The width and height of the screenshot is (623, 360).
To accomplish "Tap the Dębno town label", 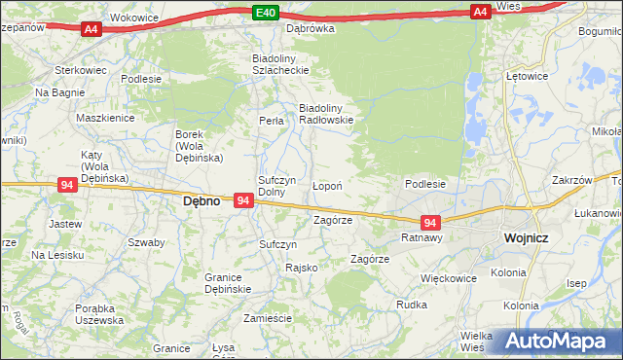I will click(202, 200).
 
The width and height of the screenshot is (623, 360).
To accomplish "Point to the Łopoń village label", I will click(325, 184).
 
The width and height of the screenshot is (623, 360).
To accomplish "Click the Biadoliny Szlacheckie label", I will click(280, 63).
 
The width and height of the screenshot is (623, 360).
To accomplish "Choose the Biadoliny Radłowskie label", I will click(325, 113).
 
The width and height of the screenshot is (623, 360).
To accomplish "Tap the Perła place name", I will click(271, 121).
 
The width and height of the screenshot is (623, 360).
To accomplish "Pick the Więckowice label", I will click(448, 277).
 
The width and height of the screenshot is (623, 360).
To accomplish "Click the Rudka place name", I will click(412, 304).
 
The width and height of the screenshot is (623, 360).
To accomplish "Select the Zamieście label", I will click(268, 318).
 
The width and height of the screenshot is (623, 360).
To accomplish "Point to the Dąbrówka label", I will click(310, 28).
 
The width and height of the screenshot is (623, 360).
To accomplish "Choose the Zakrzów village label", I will click(571, 180).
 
